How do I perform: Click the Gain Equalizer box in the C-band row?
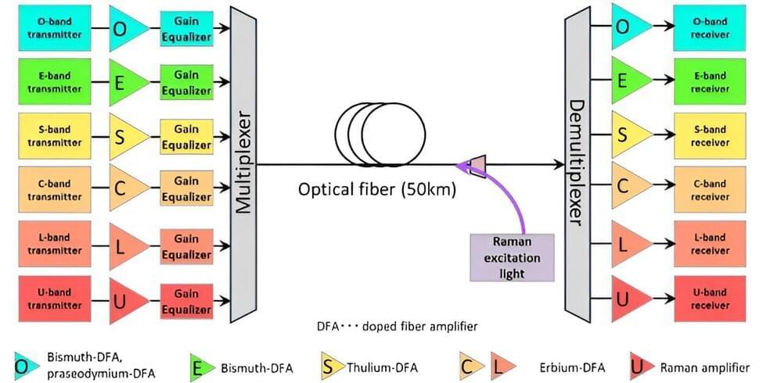[186, 190]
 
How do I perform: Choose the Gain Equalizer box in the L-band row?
[186, 244]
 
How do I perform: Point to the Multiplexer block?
[243, 164]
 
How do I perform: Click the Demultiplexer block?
[577, 164]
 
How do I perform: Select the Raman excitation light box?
[511, 257]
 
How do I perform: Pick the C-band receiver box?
[710, 190]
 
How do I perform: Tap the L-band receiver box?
[710, 244]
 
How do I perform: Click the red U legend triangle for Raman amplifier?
[639, 365]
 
